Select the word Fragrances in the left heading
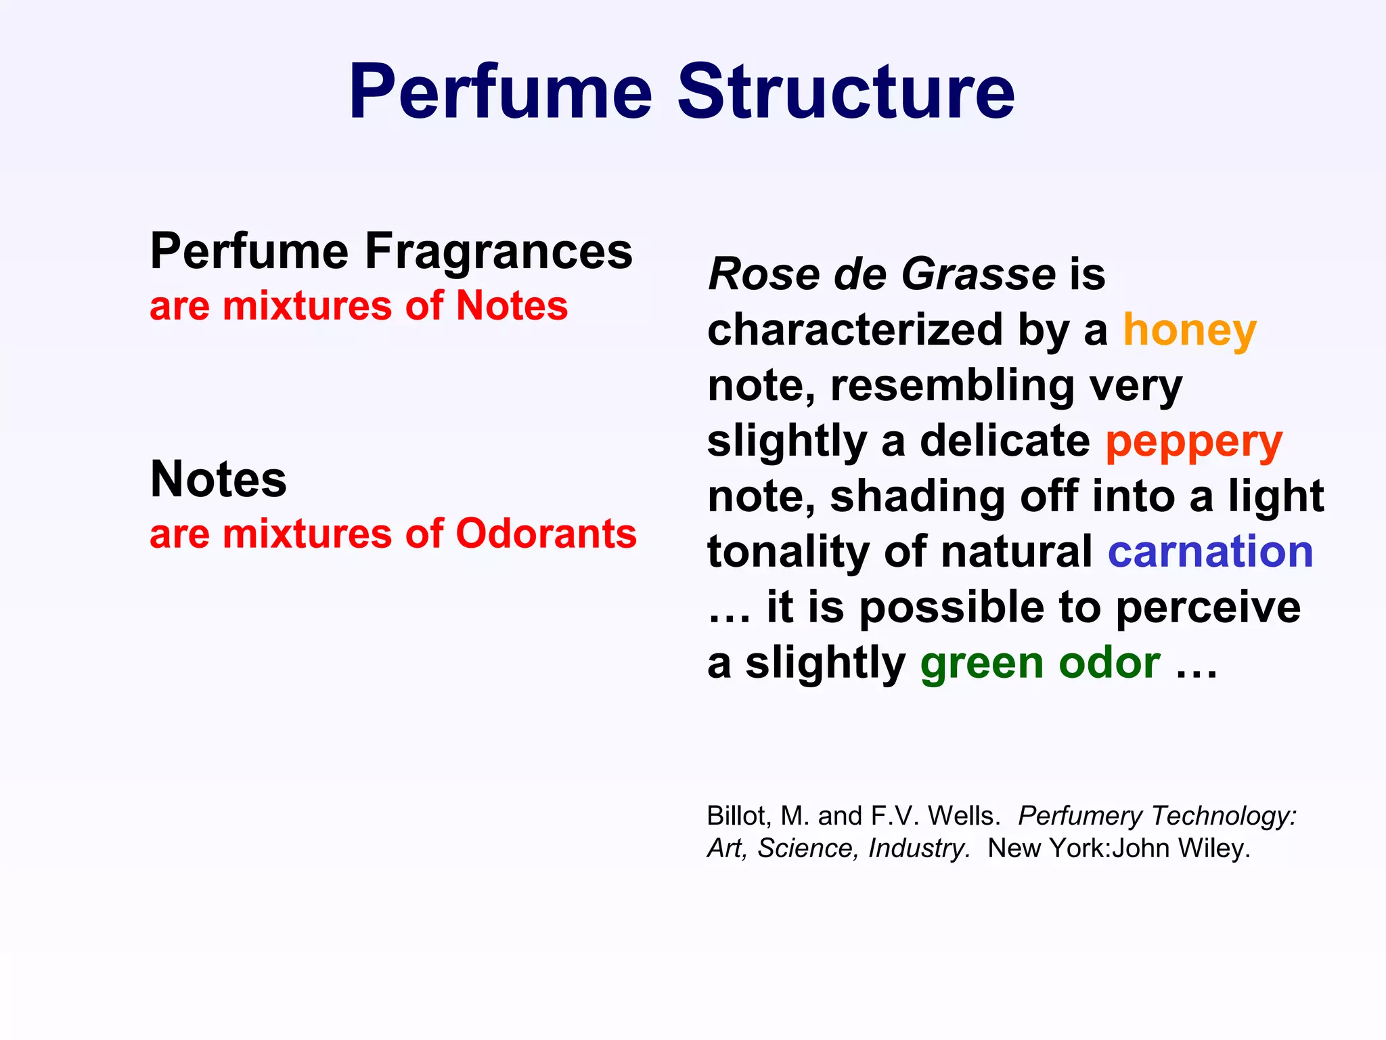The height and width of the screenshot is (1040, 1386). click(x=499, y=252)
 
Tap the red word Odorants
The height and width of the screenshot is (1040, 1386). click(x=546, y=534)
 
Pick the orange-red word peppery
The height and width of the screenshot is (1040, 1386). click(x=1194, y=443)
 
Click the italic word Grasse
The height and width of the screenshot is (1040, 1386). click(x=979, y=274)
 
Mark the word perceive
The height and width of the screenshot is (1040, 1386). click(x=1207, y=607)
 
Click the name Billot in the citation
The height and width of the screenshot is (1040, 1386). click(x=736, y=816)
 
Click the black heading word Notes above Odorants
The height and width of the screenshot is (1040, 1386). click(x=218, y=479)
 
